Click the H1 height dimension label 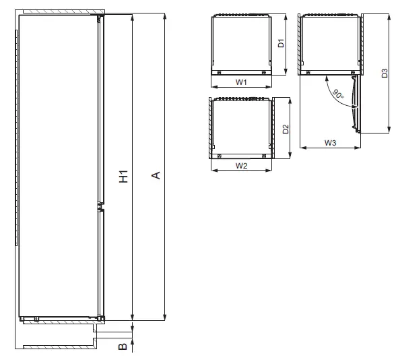(x=123, y=177)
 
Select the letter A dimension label (x=156, y=176)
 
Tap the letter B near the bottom (x=122, y=347)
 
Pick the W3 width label (x=330, y=143)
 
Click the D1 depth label (x=283, y=44)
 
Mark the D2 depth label (x=286, y=128)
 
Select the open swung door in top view (x=355, y=101)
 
